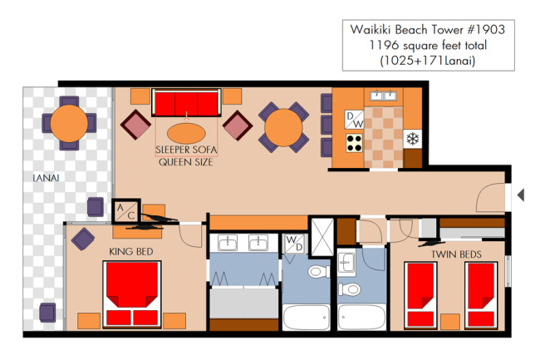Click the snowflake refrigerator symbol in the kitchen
413,139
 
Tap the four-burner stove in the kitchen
355,143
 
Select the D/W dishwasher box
355,120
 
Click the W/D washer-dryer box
294,244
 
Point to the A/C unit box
125,211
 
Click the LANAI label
46,178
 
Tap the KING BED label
131,252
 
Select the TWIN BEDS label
456,254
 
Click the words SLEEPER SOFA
186,150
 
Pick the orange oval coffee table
186,133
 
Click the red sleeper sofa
186,103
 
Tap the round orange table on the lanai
69,123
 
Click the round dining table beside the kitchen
283,127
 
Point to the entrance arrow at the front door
521,195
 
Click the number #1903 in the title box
486,30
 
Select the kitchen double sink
384,96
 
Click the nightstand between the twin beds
450,322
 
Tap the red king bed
132,294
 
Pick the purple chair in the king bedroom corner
83,239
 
